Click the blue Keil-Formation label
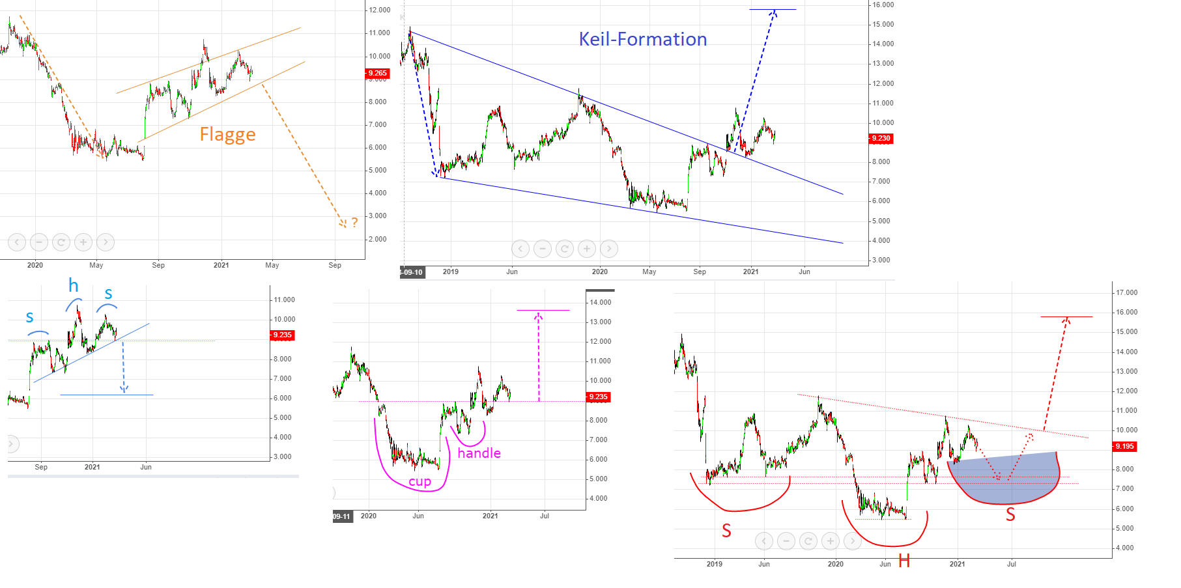(x=642, y=40)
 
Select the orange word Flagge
(x=227, y=135)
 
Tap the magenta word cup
(x=420, y=482)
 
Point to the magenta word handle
(x=479, y=453)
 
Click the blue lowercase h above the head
(x=74, y=285)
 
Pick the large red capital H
(x=904, y=561)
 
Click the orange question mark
(x=354, y=223)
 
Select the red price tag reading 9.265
(x=377, y=74)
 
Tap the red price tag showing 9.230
(x=881, y=139)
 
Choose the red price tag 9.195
(x=1124, y=447)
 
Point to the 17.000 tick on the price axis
(x=1126, y=293)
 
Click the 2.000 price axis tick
(x=377, y=240)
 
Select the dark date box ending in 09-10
(x=412, y=272)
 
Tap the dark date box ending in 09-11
(x=342, y=516)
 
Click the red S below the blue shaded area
(x=1010, y=514)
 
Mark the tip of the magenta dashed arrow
(x=539, y=315)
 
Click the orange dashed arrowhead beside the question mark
(x=343, y=224)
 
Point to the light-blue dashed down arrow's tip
(x=124, y=392)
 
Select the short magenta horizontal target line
(x=543, y=311)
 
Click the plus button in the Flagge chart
(x=83, y=242)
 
